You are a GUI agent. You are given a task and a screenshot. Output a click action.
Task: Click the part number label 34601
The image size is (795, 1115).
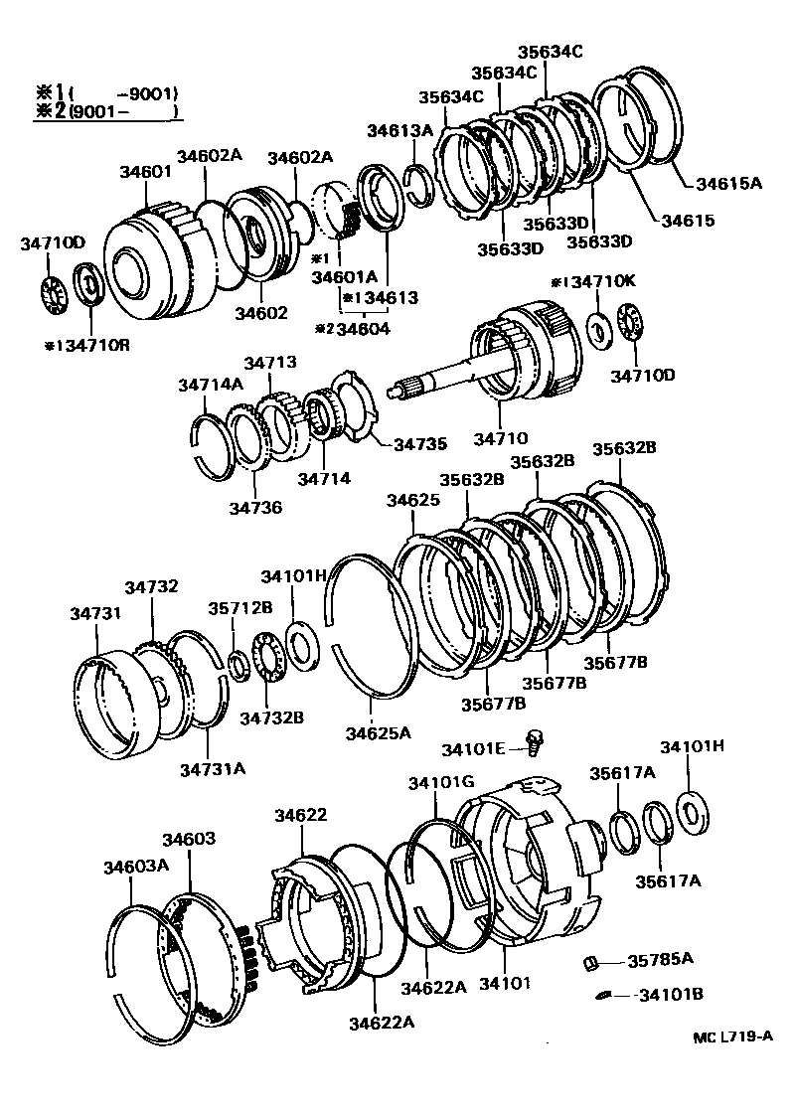(x=145, y=172)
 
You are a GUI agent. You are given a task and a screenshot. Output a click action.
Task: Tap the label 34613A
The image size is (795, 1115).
(x=399, y=130)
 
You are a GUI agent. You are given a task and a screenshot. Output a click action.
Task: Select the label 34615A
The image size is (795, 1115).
(x=728, y=183)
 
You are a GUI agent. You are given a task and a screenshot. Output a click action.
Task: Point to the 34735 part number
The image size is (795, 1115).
(x=421, y=444)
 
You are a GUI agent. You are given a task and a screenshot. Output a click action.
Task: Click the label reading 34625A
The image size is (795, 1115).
(x=378, y=733)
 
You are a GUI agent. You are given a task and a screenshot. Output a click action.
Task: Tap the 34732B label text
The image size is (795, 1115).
(x=270, y=717)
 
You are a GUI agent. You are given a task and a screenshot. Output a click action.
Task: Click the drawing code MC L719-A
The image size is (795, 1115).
(x=732, y=1036)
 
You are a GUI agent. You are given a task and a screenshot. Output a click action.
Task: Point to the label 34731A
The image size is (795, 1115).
(x=213, y=767)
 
